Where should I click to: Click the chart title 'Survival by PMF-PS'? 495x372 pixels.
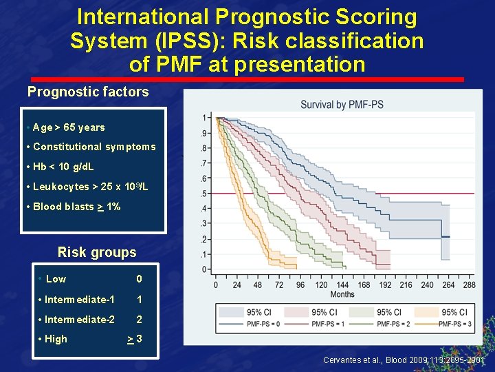click(x=342, y=105)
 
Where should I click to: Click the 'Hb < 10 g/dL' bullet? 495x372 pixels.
click(x=63, y=167)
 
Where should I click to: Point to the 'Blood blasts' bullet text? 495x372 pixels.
click(x=76, y=207)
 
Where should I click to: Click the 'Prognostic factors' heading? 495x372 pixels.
click(x=88, y=92)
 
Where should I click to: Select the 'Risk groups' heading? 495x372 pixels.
click(x=97, y=252)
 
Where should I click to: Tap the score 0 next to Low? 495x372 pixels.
click(x=139, y=279)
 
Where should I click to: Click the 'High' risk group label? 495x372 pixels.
click(x=56, y=339)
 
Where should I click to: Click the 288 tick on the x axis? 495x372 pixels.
click(x=470, y=285)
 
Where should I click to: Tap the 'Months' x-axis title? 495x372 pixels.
click(x=342, y=294)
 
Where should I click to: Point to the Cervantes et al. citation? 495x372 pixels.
click(x=404, y=360)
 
